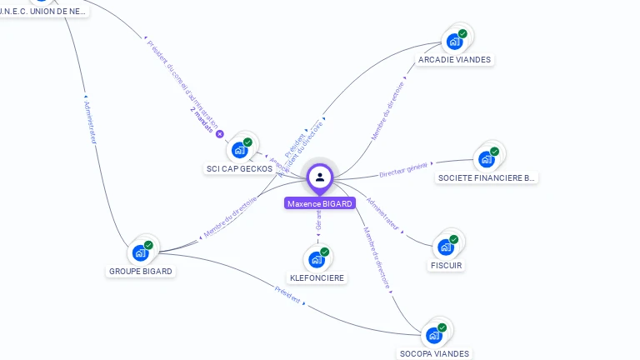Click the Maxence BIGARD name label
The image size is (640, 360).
point(320,203)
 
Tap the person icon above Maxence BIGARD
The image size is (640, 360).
point(320,177)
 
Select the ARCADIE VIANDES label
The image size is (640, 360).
point(455,60)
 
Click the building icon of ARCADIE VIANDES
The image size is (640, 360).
point(454,42)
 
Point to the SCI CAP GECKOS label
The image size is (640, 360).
point(239,168)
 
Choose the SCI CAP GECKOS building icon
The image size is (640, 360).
point(239,150)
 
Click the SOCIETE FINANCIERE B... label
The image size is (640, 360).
point(487,178)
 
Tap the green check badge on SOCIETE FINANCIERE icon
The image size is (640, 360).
point(494,152)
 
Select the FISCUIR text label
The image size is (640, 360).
point(446,266)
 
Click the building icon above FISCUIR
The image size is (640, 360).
point(446,247)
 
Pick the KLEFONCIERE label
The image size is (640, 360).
point(317,277)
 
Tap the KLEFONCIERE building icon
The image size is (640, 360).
point(317,259)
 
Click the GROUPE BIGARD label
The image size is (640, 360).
point(141,272)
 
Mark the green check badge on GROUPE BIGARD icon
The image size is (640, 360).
point(148,245)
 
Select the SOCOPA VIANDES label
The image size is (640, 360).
point(434,353)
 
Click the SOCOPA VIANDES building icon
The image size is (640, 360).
point(433,335)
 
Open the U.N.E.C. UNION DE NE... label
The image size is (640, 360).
point(43,12)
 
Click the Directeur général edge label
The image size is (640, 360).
point(402,171)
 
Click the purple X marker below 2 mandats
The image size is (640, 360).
point(220,133)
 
